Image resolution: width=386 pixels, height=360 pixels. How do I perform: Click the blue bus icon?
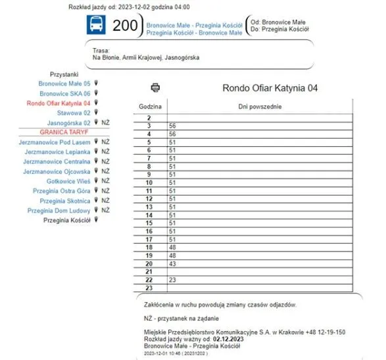(x=96, y=26)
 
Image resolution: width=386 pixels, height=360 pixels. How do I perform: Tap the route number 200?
(x=125, y=26)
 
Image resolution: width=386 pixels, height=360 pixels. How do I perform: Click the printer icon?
(x=155, y=87)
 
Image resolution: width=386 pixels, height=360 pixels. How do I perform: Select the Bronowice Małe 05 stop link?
(x=64, y=84)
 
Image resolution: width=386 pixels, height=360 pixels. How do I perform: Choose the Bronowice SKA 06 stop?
(x=65, y=93)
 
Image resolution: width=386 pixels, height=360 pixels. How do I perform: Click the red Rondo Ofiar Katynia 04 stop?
(x=59, y=103)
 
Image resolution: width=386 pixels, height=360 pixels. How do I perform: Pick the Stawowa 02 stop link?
(x=74, y=113)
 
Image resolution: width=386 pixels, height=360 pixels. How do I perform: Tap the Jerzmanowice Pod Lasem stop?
(x=55, y=141)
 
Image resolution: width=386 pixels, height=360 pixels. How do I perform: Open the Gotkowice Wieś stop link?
(x=68, y=181)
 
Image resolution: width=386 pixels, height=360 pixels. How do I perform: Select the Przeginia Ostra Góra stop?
(x=62, y=191)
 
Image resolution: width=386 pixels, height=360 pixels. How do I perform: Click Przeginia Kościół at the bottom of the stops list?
(x=67, y=220)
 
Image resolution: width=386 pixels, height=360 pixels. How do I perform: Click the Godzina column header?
(x=150, y=106)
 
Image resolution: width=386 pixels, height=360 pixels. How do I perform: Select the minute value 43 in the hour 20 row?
(x=172, y=263)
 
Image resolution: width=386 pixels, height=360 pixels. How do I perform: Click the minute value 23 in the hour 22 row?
(x=172, y=280)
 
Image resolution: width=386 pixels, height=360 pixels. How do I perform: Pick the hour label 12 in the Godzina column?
(x=149, y=199)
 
